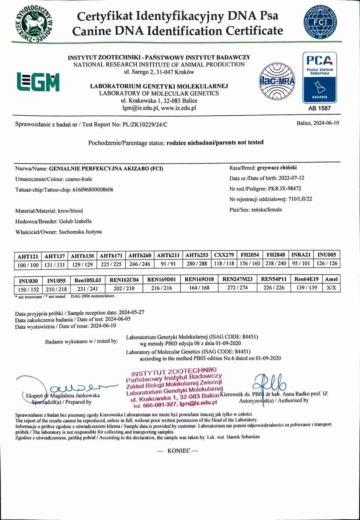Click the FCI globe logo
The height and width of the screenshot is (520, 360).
coord(320,23)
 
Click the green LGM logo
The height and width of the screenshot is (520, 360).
coord(38,82)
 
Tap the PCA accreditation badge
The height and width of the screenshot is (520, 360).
coord(319,78)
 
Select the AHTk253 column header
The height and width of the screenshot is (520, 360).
coord(197,255)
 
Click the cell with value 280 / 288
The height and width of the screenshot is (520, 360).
coord(197,264)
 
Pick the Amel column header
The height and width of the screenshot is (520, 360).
coord(331,279)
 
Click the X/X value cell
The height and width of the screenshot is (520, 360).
coord(331,288)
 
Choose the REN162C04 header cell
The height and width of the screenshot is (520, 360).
coord(124,280)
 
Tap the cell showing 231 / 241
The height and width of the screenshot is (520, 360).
coord(88,289)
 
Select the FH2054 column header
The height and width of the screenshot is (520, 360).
coord(250,255)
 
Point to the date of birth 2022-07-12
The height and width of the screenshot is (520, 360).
coord(291,178)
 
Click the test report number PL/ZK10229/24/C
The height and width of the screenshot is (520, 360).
coord(145,124)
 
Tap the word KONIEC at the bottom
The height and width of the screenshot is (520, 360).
coord(179,451)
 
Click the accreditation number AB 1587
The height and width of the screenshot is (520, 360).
coord(319,108)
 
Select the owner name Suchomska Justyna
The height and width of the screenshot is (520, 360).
coord(80,232)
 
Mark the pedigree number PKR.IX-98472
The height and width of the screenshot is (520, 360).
coord(284,188)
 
